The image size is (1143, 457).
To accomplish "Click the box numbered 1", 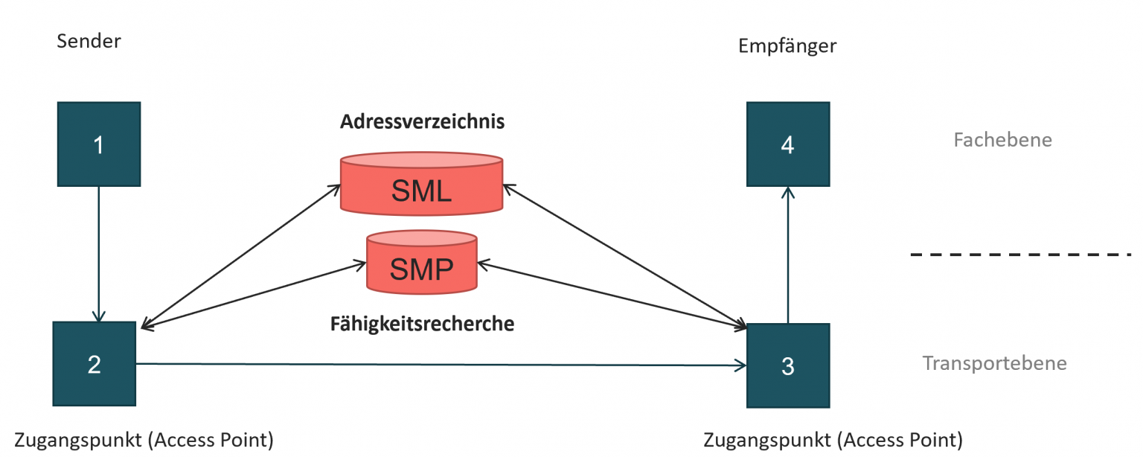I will coord(99,144).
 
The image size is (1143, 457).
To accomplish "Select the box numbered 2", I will coord(95,364).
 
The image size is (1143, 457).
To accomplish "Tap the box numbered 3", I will coord(788,365).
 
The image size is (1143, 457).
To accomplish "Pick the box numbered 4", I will coord(788,144).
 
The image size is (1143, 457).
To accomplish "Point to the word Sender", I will coord(89,41).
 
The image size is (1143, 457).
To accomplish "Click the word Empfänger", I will coord(787,46).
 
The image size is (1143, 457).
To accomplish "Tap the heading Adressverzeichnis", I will coord(422,122).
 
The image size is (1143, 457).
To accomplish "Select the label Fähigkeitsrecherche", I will coord(422,324).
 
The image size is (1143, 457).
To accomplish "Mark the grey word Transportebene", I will coord(994,363).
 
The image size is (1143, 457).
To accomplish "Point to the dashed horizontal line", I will coord(1020,255).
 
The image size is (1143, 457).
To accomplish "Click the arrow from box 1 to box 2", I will coord(99,253).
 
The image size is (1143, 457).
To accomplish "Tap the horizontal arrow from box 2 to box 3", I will coord(439,365).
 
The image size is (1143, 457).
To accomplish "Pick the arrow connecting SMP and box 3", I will coord(610,293).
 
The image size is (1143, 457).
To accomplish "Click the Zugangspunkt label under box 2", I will coord(144,440).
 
